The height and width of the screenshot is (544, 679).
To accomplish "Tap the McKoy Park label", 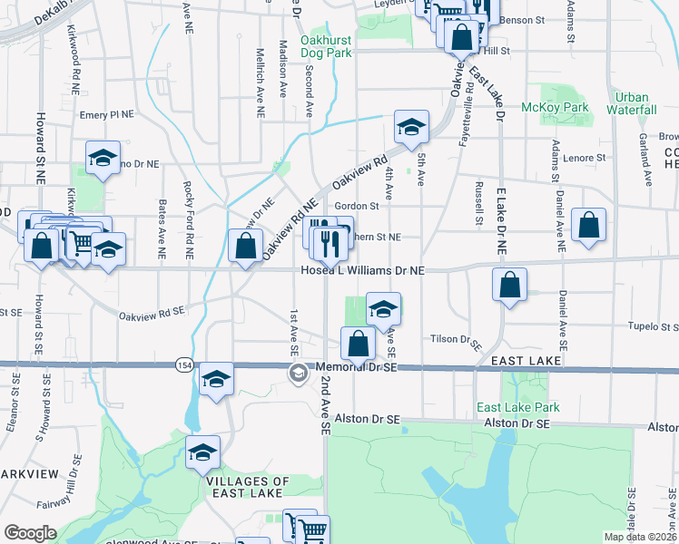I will (x=555, y=108).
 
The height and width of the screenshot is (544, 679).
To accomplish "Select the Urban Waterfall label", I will (x=631, y=103).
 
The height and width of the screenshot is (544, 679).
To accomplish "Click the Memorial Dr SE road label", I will (x=358, y=367).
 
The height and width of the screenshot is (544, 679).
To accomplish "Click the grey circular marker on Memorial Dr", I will (x=299, y=373).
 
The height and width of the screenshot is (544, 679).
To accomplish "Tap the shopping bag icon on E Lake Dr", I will (x=510, y=284).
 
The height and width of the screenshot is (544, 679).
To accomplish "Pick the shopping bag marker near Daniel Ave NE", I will (x=589, y=227).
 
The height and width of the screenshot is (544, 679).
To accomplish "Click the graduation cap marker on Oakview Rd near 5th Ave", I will (x=411, y=128).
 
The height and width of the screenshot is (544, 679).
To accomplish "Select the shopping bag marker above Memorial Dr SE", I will (x=359, y=344).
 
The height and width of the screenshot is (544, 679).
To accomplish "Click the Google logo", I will (x=30, y=533).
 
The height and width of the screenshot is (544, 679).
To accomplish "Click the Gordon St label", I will (x=356, y=207).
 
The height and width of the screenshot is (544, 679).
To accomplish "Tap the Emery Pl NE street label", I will (x=106, y=115).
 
